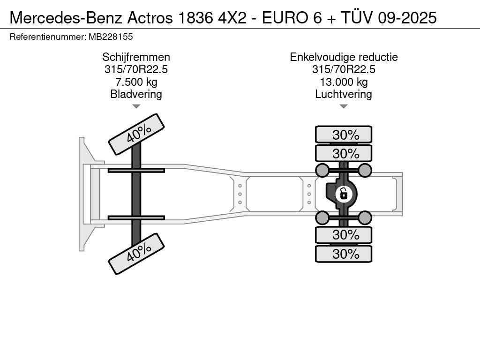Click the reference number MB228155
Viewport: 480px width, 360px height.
[x=111, y=37]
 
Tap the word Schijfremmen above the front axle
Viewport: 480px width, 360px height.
[x=136, y=57]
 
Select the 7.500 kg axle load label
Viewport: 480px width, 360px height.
[x=136, y=82]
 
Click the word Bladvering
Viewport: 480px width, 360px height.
[x=136, y=94]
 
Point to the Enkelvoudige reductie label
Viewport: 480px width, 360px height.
[x=344, y=57]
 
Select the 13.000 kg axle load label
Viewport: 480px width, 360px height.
[x=344, y=82]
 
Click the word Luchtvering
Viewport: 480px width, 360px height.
[x=344, y=94]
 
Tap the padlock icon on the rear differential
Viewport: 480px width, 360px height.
[x=344, y=194]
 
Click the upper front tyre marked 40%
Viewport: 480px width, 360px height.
[x=136, y=135]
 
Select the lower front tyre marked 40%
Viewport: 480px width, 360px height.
[x=136, y=254]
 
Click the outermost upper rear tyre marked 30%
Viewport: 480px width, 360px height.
[x=344, y=135]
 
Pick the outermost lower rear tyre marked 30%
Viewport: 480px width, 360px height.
[x=344, y=254]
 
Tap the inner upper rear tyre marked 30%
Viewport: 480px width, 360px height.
[x=344, y=153]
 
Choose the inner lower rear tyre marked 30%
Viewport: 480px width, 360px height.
[x=344, y=235]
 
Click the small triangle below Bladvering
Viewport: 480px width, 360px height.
[x=136, y=106]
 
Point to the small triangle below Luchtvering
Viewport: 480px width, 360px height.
[x=344, y=106]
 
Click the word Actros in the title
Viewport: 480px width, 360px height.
[x=150, y=18]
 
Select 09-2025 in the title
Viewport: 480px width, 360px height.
[x=407, y=18]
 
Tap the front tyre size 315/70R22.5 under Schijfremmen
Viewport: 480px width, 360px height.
[x=136, y=69]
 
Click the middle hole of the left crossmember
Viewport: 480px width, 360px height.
[x=240, y=194]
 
